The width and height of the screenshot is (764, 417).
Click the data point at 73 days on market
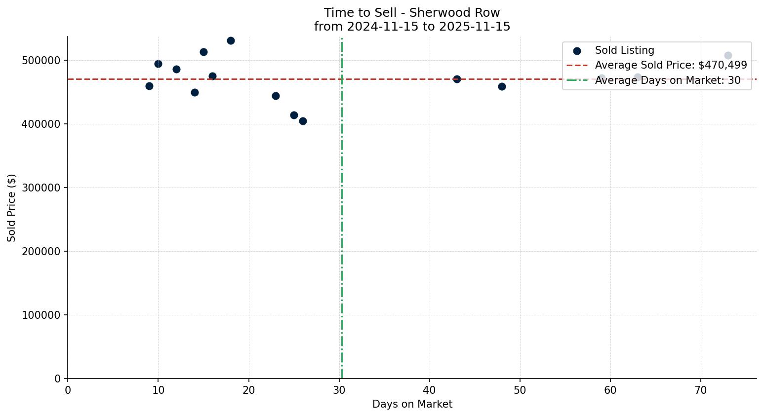tap(728, 55)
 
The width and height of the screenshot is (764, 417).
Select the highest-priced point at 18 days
tap(231, 40)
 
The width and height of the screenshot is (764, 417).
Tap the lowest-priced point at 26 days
tap(303, 121)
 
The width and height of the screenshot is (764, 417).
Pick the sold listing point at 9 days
tap(149, 86)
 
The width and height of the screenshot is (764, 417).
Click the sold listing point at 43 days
tap(457, 79)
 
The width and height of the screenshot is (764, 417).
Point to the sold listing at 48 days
tap(502, 86)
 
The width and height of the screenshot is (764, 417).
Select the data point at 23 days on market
tap(276, 96)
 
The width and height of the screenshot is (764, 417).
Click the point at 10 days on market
tap(158, 64)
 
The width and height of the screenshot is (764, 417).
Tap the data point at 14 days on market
tap(195, 92)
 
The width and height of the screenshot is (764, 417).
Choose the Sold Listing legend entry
tap(624, 50)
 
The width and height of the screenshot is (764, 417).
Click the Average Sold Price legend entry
tap(671, 65)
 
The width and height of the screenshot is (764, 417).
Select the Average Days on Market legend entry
tap(667, 80)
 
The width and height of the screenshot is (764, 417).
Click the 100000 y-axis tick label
tap(41, 315)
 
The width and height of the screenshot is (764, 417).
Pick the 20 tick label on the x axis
tap(249, 390)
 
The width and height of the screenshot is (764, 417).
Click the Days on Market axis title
tap(412, 404)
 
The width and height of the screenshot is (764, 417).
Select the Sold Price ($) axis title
tap(12, 208)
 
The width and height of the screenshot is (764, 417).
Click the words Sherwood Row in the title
tap(454, 13)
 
